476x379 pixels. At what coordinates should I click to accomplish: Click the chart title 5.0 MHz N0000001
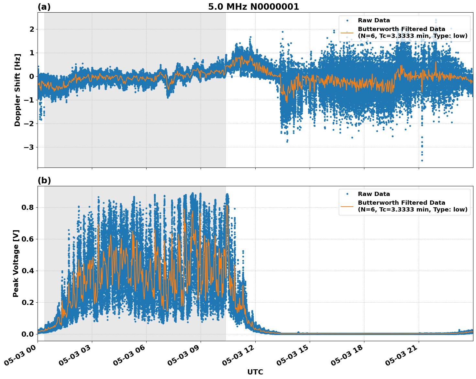[x=253, y=7]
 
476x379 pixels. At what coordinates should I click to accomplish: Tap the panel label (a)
[x=44, y=7]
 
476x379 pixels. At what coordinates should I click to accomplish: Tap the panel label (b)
[x=44, y=180]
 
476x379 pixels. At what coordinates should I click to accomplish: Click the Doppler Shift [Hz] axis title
[x=17, y=90]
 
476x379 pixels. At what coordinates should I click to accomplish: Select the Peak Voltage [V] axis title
[x=16, y=263]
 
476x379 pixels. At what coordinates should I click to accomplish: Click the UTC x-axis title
[x=255, y=372]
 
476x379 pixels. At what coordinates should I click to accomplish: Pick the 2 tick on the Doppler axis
[x=32, y=29]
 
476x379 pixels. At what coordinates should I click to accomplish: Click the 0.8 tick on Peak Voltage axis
[x=28, y=207]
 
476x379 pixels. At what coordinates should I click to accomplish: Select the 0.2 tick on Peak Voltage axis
[x=28, y=302]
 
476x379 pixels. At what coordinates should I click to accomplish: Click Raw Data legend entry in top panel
[x=374, y=20]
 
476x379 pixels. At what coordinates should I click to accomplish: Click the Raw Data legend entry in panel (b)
[x=374, y=194]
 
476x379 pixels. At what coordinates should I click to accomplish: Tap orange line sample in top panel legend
[x=347, y=33]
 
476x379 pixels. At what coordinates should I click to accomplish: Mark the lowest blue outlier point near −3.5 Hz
[x=422, y=160]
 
